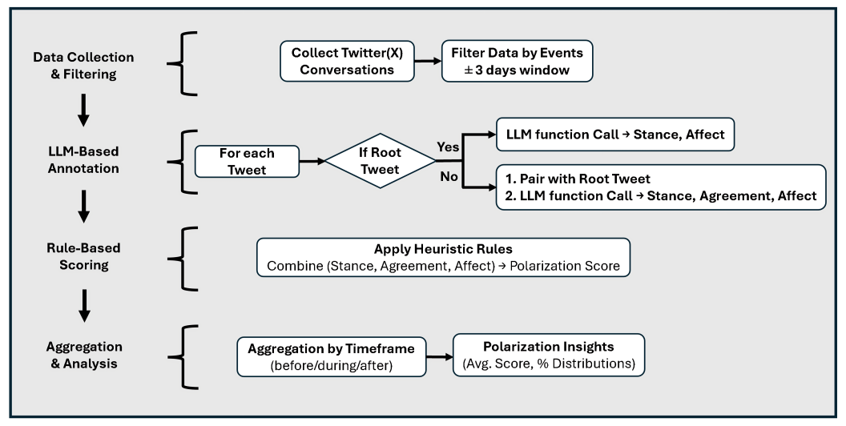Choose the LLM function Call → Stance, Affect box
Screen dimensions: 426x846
614,135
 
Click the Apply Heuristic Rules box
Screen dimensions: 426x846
443,258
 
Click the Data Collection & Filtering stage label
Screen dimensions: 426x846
83,66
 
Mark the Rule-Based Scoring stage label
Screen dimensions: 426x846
83,256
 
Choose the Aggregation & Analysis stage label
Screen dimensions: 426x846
83,356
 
